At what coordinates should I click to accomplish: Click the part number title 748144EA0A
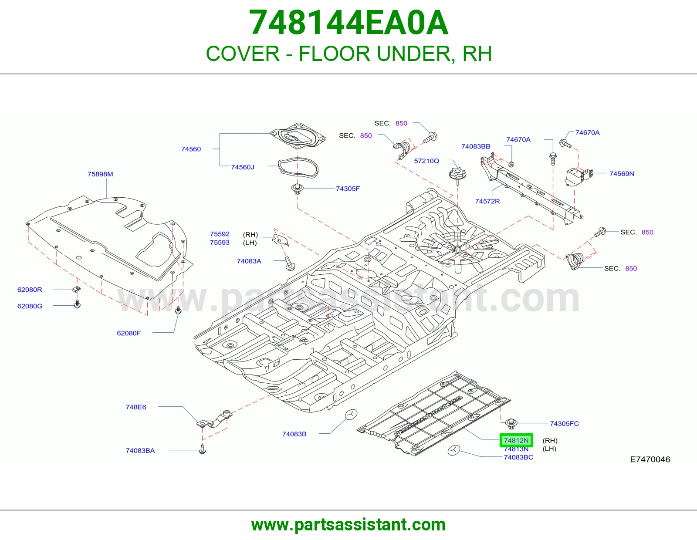tap(348, 23)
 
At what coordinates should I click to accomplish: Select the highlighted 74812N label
tap(516, 440)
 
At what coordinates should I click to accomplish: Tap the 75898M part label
tap(100, 174)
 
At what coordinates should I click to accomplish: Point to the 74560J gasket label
tap(243, 167)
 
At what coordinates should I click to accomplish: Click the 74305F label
tap(348, 189)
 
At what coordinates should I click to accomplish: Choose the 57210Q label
tap(426, 161)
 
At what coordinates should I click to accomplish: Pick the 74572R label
tap(487, 201)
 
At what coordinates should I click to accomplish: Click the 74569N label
tap(622, 174)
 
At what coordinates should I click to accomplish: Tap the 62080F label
tap(129, 333)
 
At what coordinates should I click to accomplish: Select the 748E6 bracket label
tap(135, 407)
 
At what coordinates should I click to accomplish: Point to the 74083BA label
tap(140, 451)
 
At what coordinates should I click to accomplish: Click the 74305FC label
tap(564, 424)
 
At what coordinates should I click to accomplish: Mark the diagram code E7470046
tap(650, 459)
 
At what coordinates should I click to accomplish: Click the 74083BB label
tap(476, 147)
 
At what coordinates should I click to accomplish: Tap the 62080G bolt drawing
tap(77, 304)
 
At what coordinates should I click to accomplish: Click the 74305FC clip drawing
tap(511, 424)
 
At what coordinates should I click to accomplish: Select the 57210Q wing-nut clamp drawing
tap(457, 176)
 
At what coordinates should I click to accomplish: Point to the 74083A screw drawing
tap(290, 263)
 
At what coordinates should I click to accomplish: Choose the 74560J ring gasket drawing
tap(298, 167)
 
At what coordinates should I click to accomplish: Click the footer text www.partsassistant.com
tap(348, 525)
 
